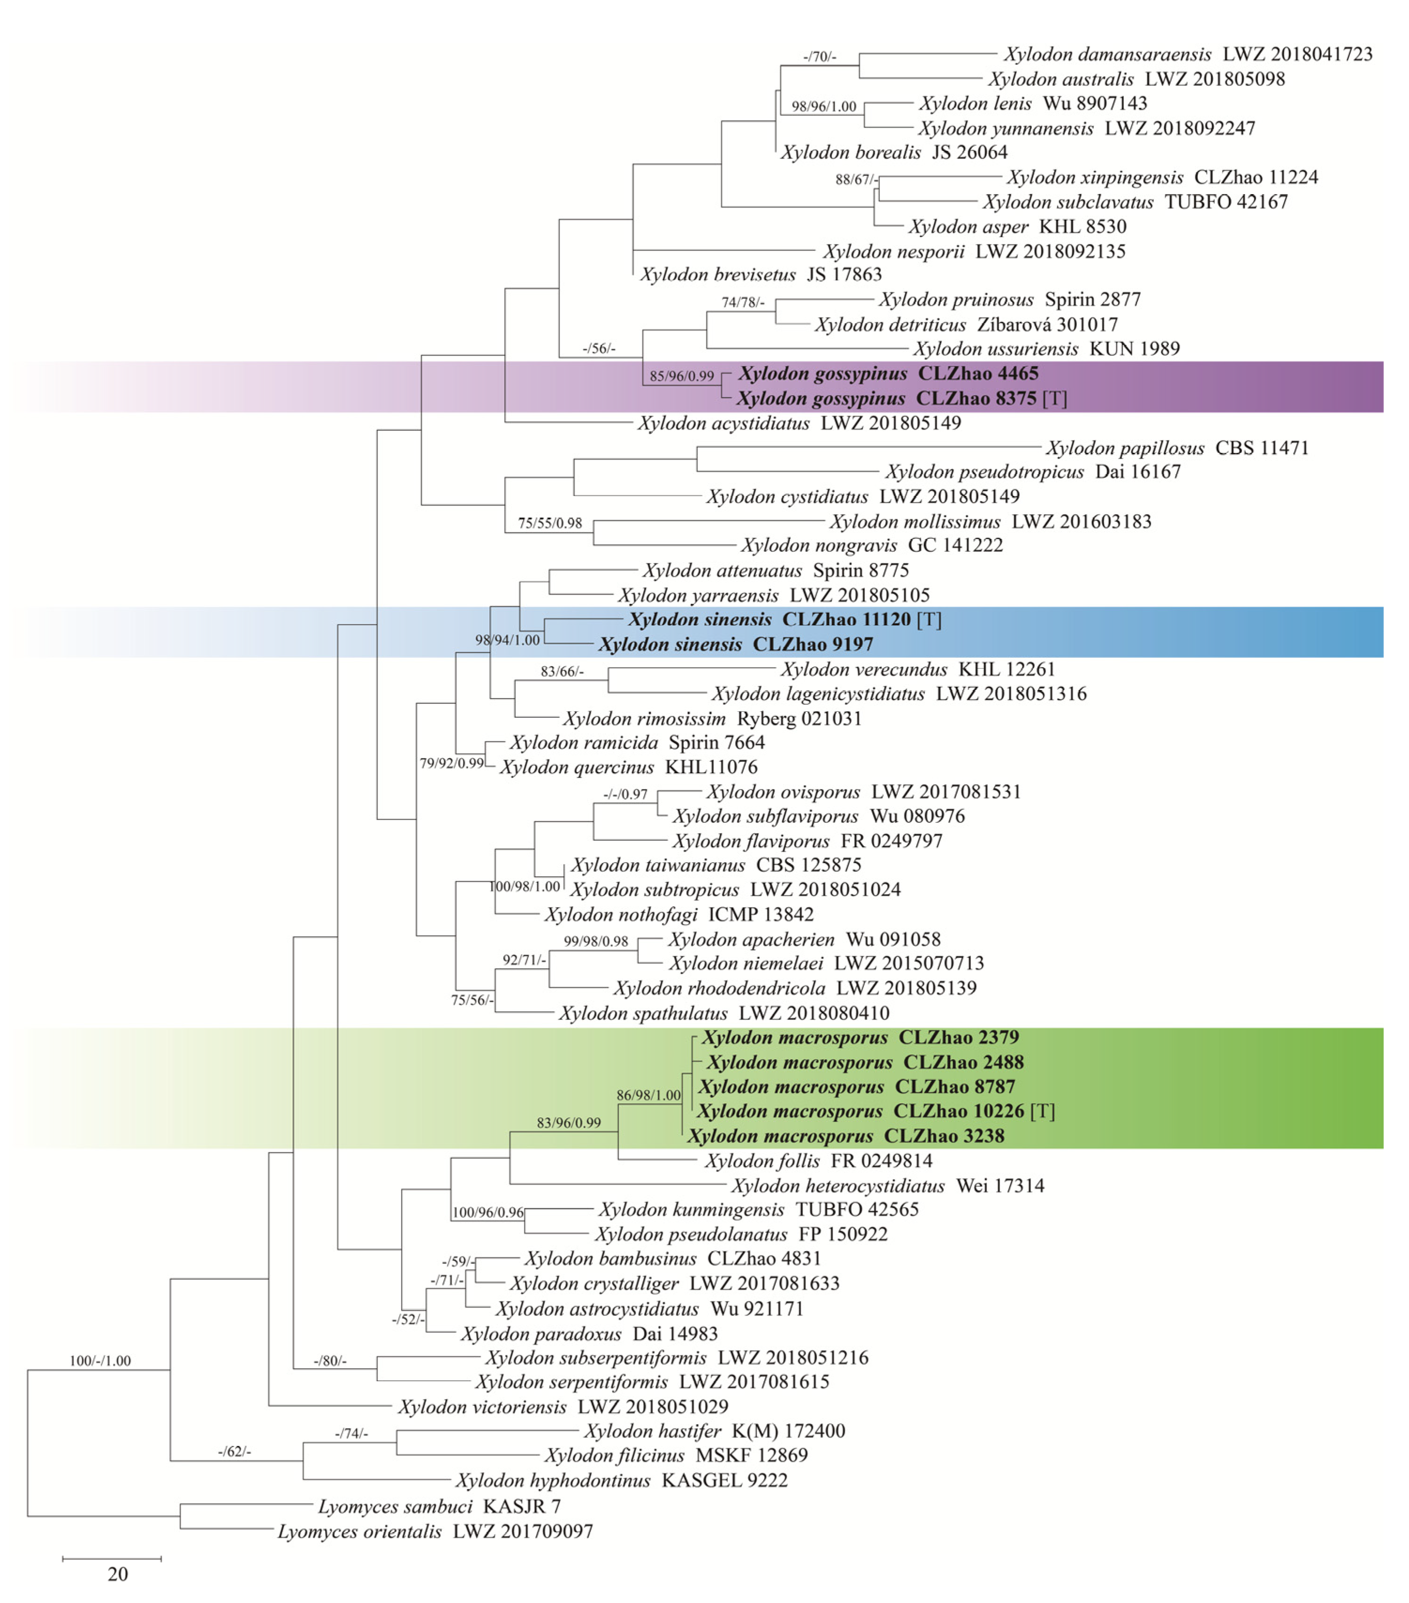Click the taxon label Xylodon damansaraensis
[1188, 54]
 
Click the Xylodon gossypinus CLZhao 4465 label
[888, 373]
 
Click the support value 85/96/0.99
[681, 376]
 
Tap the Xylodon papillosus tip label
[1177, 448]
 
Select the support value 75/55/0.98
[549, 523]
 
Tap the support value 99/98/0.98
[596, 941]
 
